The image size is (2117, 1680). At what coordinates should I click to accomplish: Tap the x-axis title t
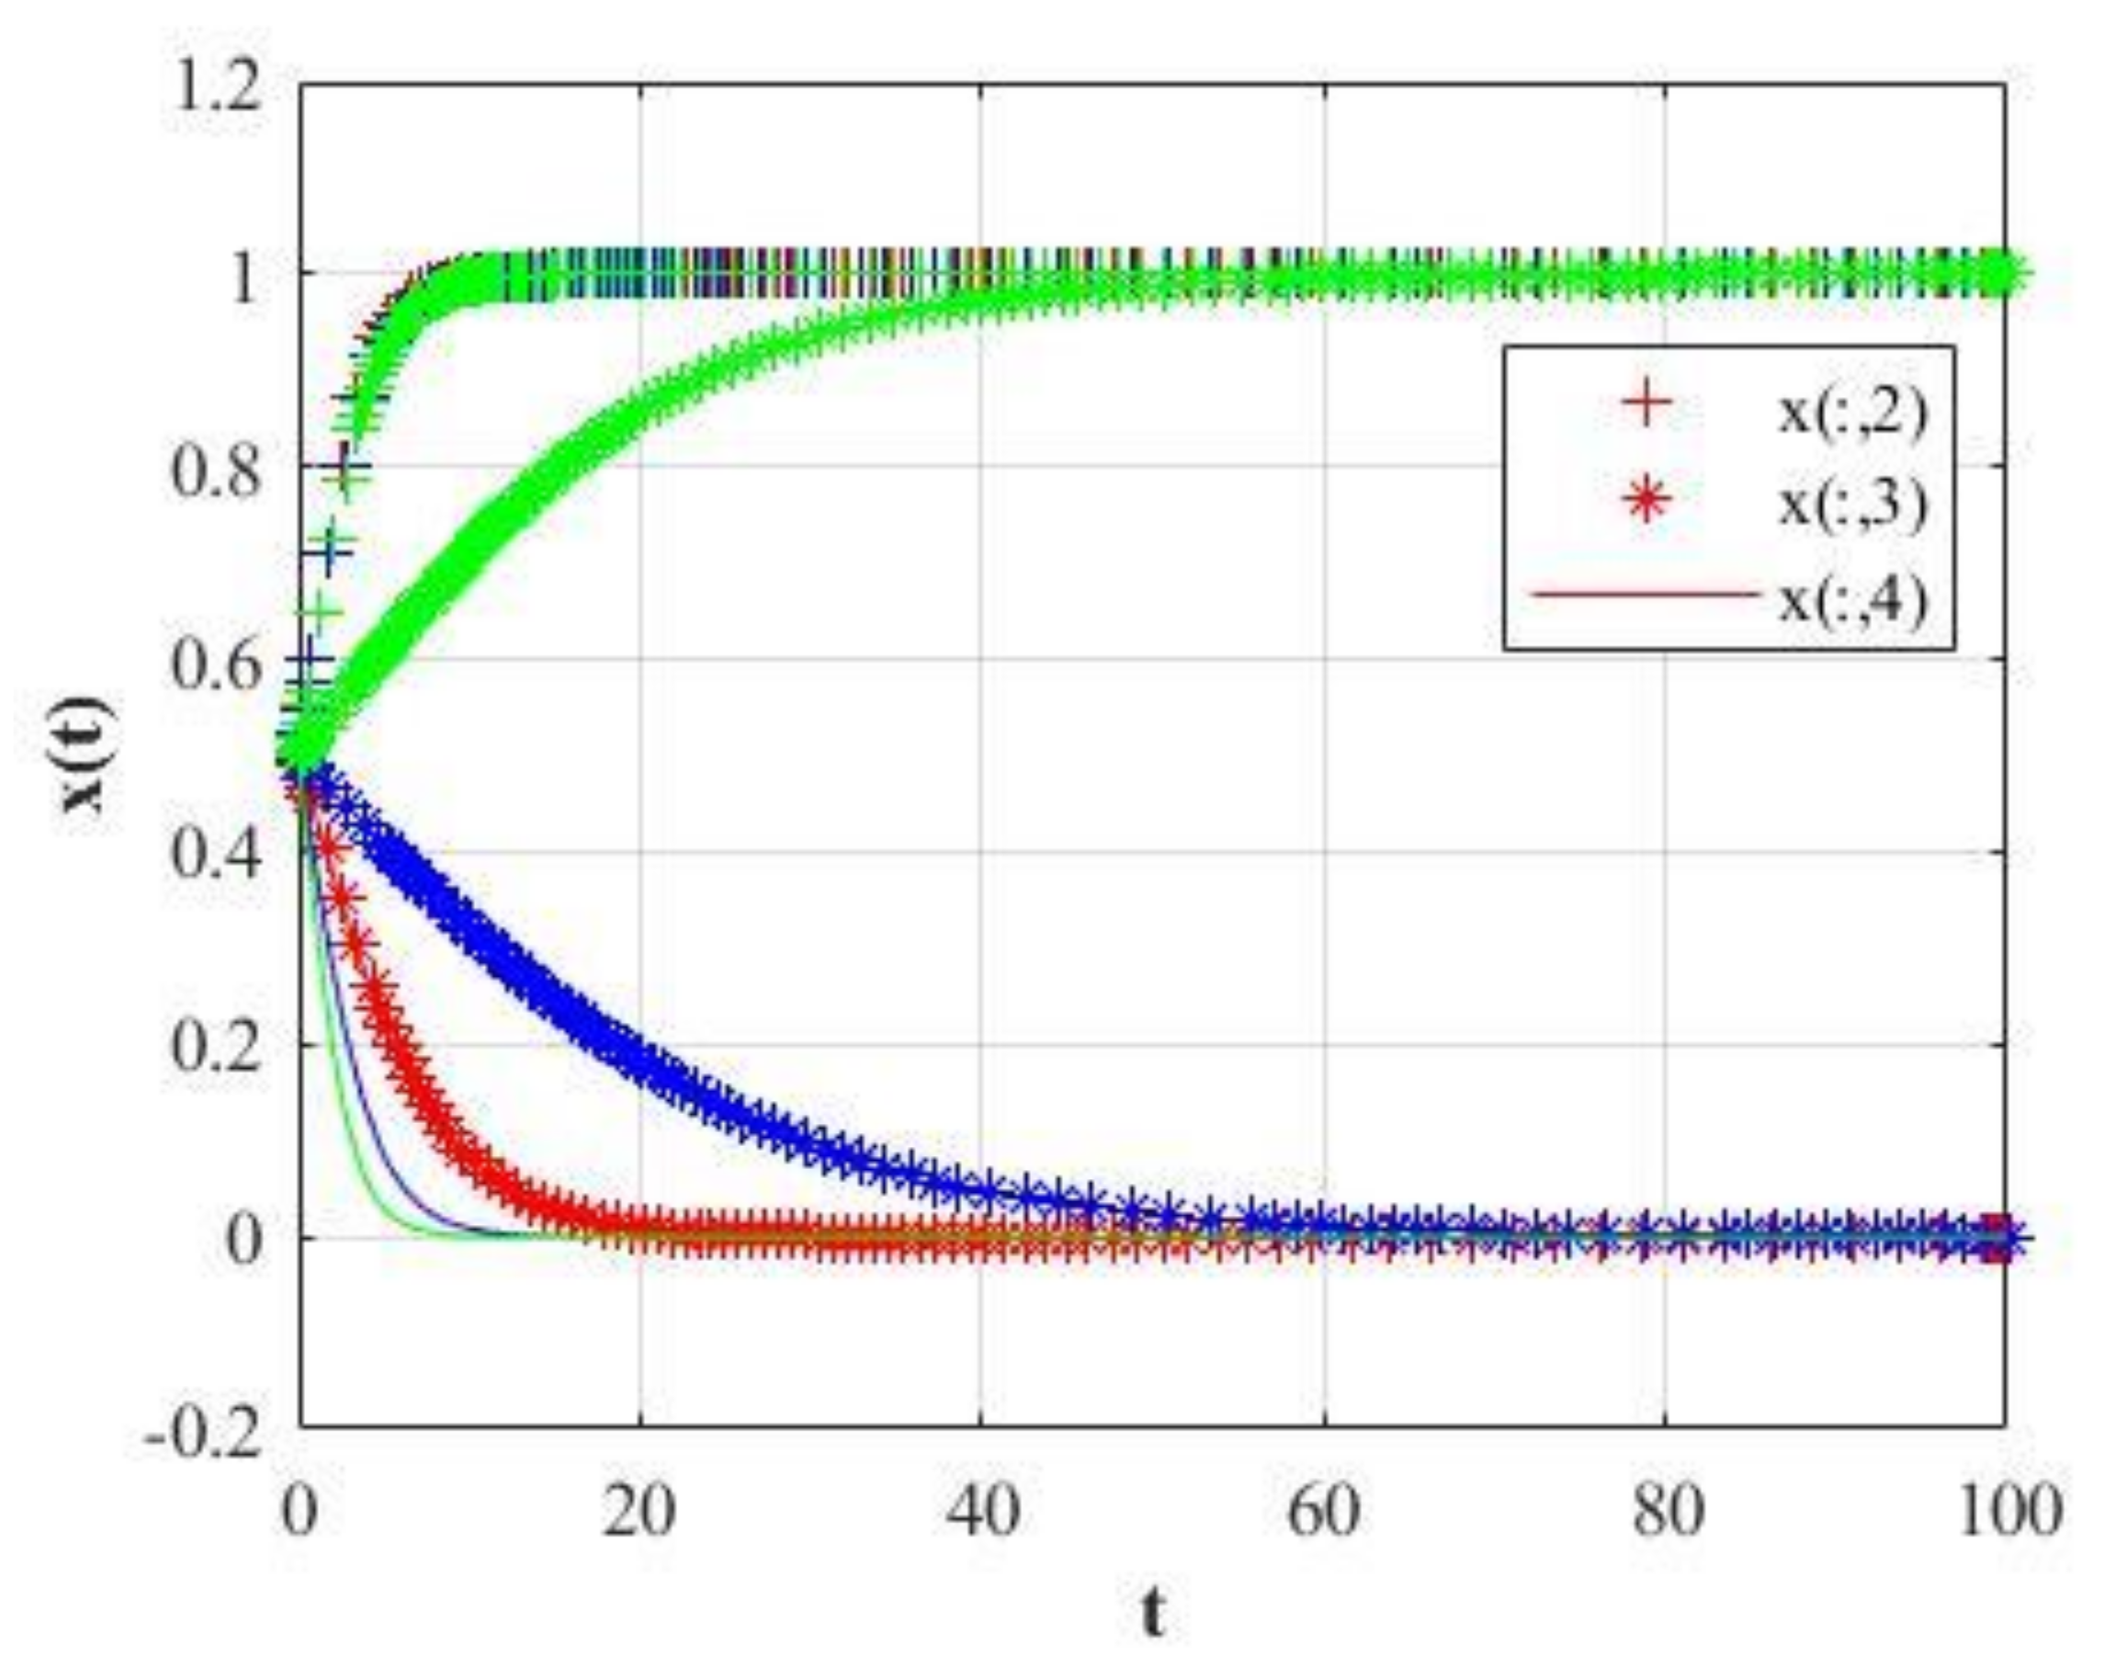coord(1154,1611)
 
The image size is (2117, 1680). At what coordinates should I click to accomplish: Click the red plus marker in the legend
coord(1647,403)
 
